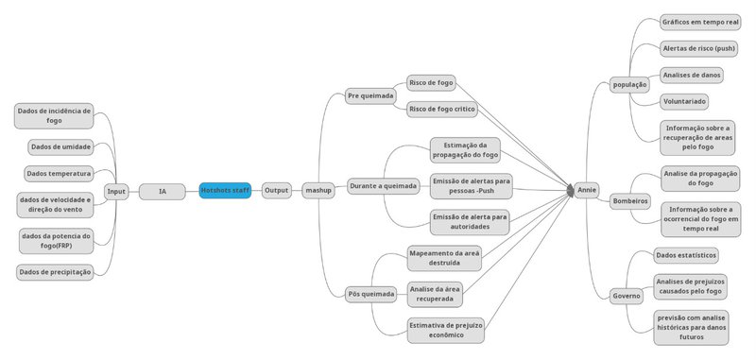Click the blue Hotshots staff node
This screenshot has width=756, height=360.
click(x=225, y=191)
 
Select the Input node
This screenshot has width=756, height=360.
click(x=116, y=191)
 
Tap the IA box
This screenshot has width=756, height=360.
click(x=163, y=191)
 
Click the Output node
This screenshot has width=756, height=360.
click(x=276, y=191)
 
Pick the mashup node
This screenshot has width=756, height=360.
click(x=318, y=191)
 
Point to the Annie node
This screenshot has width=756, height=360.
click(x=586, y=191)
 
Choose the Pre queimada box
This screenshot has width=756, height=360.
click(x=370, y=95)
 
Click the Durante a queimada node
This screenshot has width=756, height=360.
click(x=383, y=186)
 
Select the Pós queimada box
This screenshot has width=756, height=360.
click(x=370, y=294)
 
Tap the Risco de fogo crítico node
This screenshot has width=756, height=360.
click(x=441, y=110)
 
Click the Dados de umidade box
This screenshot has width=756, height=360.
click(x=59, y=146)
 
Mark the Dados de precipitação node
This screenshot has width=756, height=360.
click(x=55, y=272)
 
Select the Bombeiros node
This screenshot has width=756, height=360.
click(x=630, y=201)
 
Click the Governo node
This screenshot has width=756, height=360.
click(x=626, y=295)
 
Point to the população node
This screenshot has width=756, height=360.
click(x=629, y=85)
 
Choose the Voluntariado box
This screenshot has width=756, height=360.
click(x=685, y=101)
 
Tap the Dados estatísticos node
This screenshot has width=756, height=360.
click(x=686, y=255)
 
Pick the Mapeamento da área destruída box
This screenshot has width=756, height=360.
click(x=444, y=258)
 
